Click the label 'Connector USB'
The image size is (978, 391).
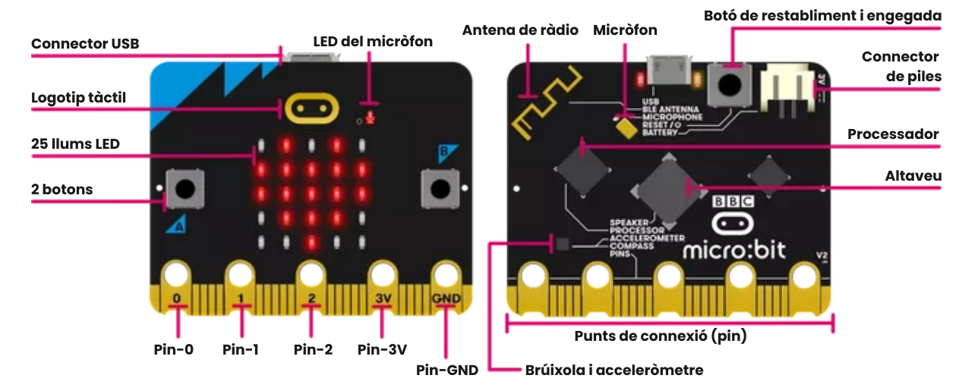tap(85, 44)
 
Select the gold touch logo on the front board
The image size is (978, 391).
tap(311, 109)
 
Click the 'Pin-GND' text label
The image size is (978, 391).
tap(447, 371)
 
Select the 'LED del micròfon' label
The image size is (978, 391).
tap(373, 41)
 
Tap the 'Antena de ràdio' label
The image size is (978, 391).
tap(520, 30)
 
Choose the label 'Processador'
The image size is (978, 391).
tap(893, 134)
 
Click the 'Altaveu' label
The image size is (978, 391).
tap(913, 176)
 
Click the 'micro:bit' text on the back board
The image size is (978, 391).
tap(734, 249)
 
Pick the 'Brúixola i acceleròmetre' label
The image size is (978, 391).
tap(614, 371)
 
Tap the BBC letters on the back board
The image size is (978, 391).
tap(732, 202)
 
